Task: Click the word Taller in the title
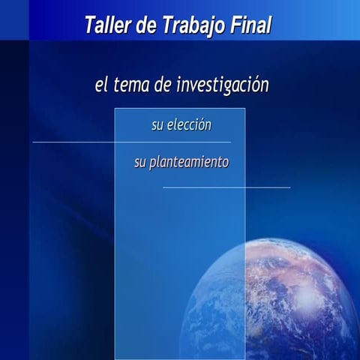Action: tap(107, 27)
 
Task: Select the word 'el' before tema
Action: tap(101, 85)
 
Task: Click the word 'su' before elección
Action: tap(157, 125)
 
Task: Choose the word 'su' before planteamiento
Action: tap(140, 162)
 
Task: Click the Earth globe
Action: tap(285, 300)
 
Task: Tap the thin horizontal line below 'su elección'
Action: tap(75, 142)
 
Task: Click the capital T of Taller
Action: tap(91, 27)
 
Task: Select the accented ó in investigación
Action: tap(255, 85)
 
